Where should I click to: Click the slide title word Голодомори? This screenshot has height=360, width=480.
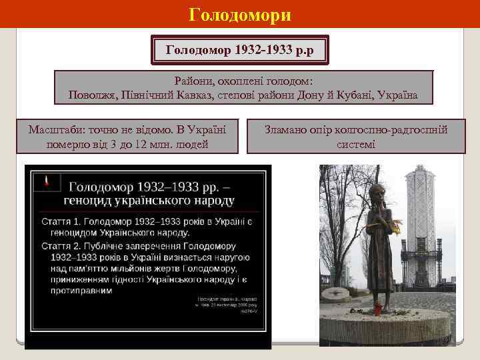click(x=240, y=14)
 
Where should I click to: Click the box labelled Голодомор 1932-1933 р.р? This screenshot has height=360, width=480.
click(x=239, y=49)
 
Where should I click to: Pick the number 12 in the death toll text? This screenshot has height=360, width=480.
click(x=153, y=144)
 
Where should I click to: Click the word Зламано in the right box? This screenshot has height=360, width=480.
click(x=287, y=129)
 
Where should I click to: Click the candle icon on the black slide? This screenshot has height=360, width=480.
click(x=46, y=181)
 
